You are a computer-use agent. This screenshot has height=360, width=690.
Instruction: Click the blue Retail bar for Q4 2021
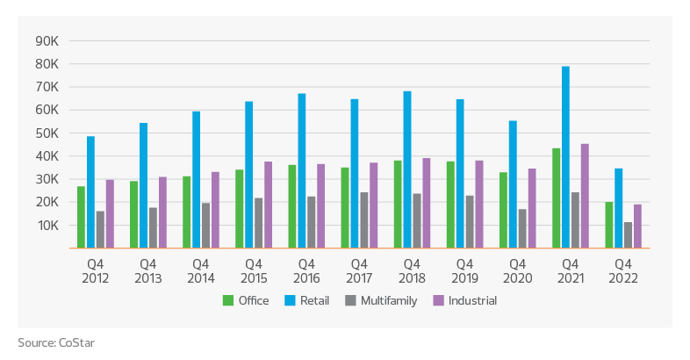coord(566,157)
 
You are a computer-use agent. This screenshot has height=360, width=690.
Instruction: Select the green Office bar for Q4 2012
coord(82,217)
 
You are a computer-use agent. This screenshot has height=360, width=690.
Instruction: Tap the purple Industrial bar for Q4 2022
coord(638,226)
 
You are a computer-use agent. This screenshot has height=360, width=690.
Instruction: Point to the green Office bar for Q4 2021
coord(557,198)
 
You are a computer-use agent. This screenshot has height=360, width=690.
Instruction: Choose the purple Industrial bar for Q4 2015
coord(269,205)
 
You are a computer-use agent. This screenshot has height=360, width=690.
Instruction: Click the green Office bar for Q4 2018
coord(398,204)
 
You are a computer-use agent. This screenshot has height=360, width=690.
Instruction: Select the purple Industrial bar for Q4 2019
coord(479,204)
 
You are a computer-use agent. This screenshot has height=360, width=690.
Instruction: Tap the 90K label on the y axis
coord(46,41)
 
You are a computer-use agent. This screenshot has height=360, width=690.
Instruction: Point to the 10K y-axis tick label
coord(46,226)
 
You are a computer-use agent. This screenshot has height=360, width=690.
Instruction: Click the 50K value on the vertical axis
coord(46,133)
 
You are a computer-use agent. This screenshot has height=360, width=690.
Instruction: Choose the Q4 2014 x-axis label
coord(200,271)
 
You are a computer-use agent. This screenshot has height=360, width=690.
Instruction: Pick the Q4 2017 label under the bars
coord(359,271)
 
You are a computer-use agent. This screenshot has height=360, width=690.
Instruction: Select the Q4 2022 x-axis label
coord(622,271)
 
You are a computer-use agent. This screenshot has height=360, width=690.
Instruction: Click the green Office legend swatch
coord(228,301)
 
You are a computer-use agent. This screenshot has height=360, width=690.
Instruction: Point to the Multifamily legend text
coord(391,301)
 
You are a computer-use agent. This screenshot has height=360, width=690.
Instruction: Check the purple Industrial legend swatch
coord(439,301)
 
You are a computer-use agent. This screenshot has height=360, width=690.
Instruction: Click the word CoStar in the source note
coord(78,342)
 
